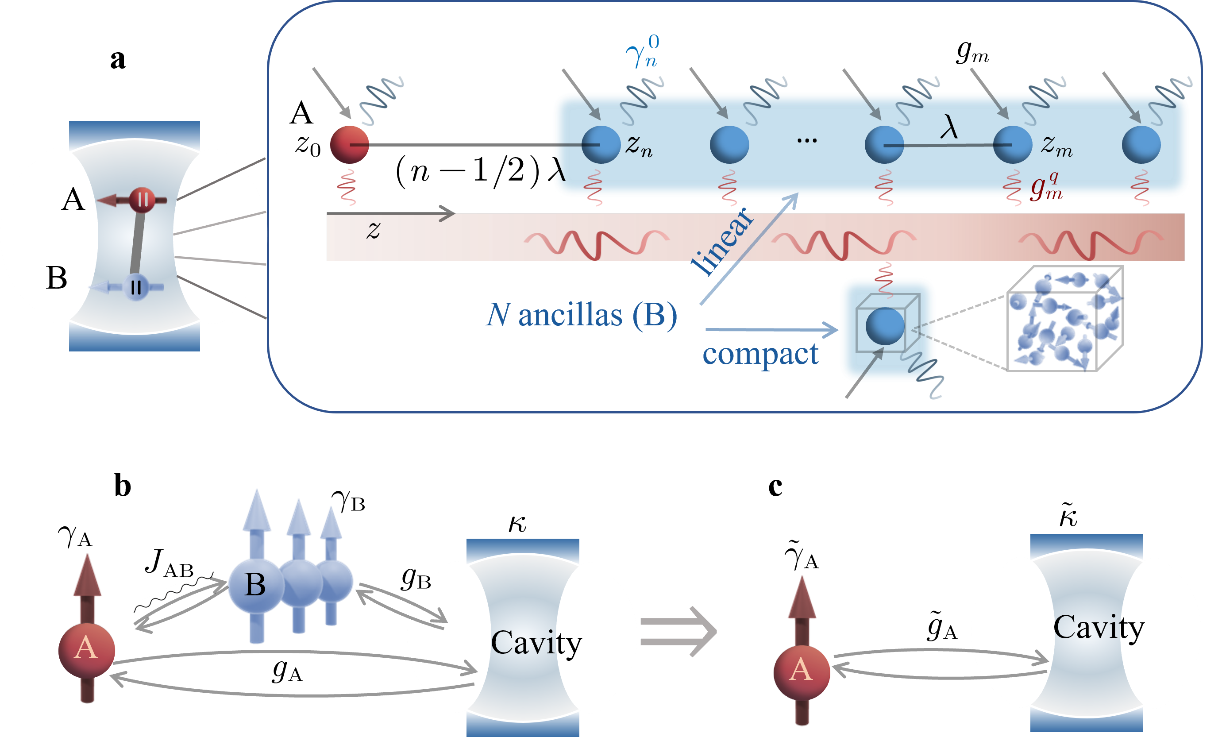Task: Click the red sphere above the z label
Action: click(349, 144)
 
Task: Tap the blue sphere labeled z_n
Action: click(601, 144)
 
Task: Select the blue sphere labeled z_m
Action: click(1012, 144)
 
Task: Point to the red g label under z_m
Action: click(1045, 186)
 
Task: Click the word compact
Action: click(760, 354)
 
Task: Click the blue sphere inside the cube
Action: click(885, 326)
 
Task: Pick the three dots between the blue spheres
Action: click(807, 141)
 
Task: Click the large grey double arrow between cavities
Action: click(678, 631)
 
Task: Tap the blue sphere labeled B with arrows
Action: click(255, 585)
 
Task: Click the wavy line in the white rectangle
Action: click(173, 592)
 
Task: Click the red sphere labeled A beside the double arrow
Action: click(801, 671)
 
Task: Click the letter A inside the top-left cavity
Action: click(73, 200)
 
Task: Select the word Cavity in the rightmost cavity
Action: click(1099, 628)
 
